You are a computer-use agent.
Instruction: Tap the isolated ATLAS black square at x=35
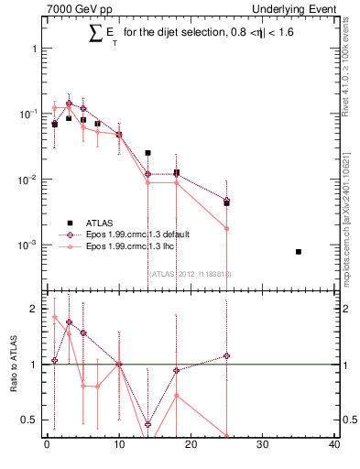[299, 251]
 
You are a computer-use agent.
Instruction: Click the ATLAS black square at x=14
[147, 153]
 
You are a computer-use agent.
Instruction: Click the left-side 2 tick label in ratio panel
[31, 309]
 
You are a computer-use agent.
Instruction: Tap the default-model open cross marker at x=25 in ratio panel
[226, 355]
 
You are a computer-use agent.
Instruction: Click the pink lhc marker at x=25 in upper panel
[226, 228]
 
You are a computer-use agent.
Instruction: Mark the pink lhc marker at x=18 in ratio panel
[176, 396]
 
